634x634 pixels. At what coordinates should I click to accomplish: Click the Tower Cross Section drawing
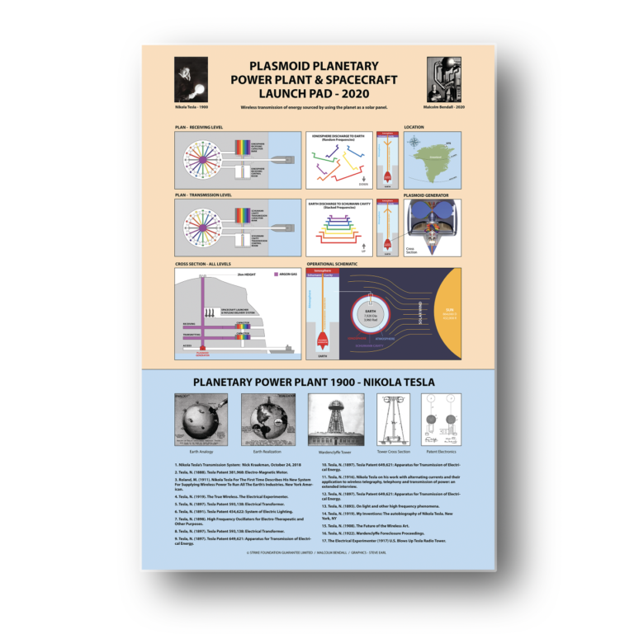coord(393,420)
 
